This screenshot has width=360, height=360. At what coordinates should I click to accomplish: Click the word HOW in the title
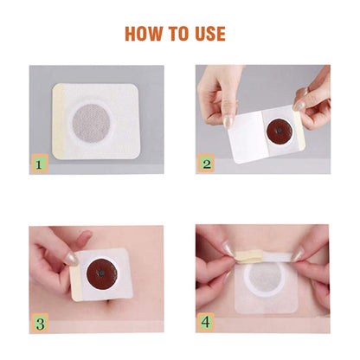(145, 34)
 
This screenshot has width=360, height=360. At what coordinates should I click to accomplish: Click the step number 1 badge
(39, 162)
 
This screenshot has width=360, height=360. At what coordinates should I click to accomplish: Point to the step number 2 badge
(207, 162)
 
